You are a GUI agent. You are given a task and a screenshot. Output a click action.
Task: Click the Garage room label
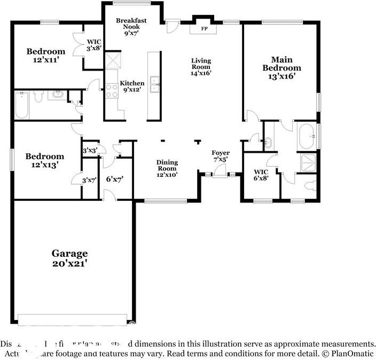(69, 258)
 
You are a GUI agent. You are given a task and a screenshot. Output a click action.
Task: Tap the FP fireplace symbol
(204, 28)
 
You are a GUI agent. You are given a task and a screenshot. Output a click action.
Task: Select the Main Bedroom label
(281, 68)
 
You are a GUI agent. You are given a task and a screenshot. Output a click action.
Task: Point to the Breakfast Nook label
(131, 26)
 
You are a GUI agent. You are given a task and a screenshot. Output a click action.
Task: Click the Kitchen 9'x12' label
(131, 87)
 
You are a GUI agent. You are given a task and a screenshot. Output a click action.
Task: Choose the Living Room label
(201, 67)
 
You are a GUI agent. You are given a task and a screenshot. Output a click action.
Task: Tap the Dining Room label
(167, 168)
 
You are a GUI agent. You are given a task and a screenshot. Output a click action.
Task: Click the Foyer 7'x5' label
(220, 155)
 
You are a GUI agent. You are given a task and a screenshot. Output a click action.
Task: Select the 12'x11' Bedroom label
(46, 56)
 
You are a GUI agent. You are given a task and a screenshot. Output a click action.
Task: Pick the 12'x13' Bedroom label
(45, 161)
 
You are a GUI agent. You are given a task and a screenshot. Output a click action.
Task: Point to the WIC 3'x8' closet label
(93, 45)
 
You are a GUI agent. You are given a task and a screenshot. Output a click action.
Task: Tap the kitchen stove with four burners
(112, 91)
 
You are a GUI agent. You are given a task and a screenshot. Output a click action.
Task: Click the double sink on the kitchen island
(155, 82)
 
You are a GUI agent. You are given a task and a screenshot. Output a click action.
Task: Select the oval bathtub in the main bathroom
(307, 136)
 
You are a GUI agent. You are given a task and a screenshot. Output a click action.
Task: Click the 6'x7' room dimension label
(114, 179)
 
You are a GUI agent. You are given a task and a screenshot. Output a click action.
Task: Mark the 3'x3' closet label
(89, 151)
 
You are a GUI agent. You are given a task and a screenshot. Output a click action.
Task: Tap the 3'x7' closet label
(89, 181)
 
